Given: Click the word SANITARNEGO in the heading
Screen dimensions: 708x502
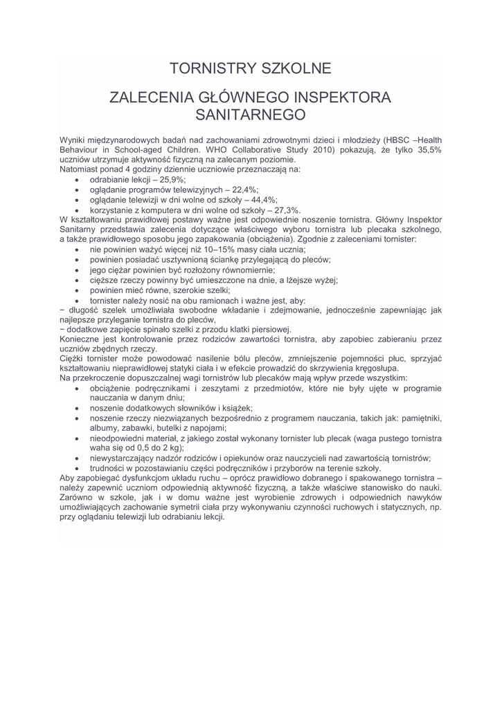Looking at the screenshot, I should pyautogui.click(x=251, y=114).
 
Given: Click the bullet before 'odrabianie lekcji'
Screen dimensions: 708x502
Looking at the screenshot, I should pyautogui.click(x=75, y=179).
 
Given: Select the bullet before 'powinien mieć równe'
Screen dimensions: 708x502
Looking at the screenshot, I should pyautogui.click(x=75, y=290).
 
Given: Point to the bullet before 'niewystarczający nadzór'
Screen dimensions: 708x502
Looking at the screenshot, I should pyautogui.click(x=75, y=458).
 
